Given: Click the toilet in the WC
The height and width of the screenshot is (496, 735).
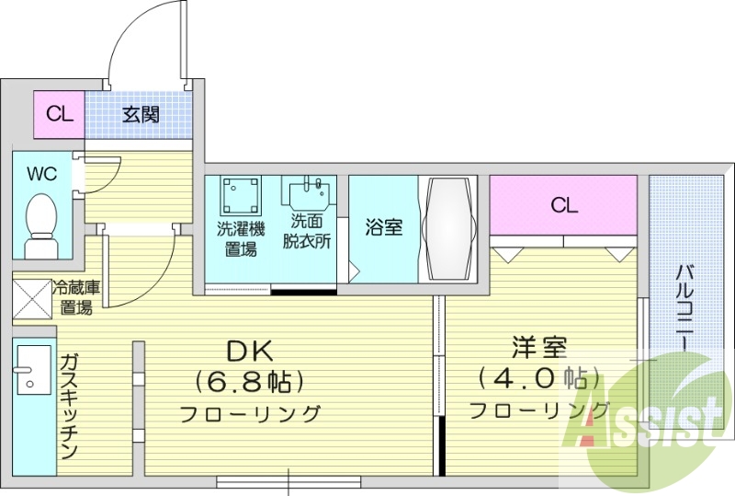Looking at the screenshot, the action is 41,225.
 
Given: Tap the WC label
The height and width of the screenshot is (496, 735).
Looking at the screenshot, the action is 42,174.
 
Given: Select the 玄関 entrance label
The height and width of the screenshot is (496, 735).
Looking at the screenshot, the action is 141,114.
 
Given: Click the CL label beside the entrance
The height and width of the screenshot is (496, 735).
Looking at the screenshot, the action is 60,114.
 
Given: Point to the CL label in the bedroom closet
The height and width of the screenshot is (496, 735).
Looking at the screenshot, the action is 564,205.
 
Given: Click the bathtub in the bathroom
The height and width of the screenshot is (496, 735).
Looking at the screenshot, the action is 447,229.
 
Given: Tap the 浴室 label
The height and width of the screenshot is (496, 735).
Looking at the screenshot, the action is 383,227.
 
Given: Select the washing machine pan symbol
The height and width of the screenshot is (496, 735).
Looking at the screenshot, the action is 241,195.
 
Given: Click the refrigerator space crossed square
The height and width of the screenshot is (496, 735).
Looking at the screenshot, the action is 32,299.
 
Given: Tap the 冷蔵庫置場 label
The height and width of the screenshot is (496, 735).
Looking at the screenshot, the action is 76,298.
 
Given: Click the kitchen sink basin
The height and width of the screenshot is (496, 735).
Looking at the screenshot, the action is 34,370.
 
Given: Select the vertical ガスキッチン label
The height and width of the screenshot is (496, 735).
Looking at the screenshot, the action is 69,407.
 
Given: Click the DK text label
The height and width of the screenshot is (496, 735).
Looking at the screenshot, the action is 250,352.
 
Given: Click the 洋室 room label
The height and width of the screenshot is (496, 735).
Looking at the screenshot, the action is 539,347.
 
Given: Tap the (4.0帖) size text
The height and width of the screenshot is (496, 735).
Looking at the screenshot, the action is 539,376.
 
